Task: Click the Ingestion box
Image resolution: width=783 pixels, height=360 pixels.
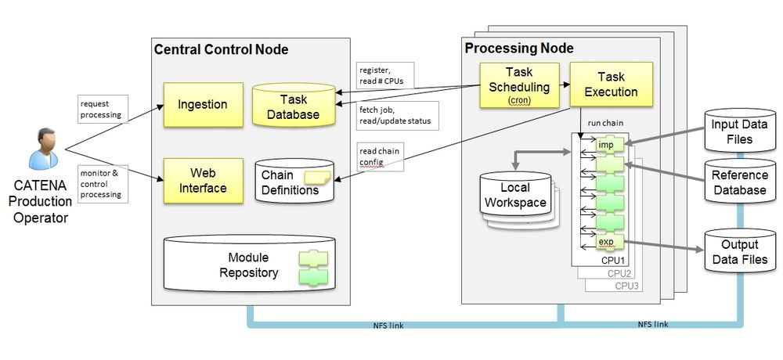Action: pyautogui.click(x=204, y=105)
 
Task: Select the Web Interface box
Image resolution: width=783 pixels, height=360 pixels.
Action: pyautogui.click(x=204, y=181)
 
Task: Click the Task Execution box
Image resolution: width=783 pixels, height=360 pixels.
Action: pyautogui.click(x=612, y=85)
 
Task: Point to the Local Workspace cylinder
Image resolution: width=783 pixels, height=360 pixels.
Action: pyautogui.click(x=515, y=195)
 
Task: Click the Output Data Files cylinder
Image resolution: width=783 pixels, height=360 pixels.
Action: pyautogui.click(x=740, y=250)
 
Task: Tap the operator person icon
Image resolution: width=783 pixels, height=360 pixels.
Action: pyautogui.click(x=43, y=149)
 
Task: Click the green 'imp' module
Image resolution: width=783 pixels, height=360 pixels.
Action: pyautogui.click(x=610, y=145)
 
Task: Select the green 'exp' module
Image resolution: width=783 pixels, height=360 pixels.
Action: pyautogui.click(x=610, y=242)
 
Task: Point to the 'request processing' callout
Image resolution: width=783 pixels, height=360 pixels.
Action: pyautogui.click(x=103, y=109)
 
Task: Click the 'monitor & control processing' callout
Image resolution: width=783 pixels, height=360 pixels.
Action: pyautogui.click(x=103, y=184)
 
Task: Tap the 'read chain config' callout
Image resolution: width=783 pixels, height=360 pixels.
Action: pyautogui.click(x=380, y=157)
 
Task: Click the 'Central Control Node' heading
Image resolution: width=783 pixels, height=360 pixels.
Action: pyautogui.click(x=221, y=50)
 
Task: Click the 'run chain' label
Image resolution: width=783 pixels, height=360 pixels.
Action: pyautogui.click(x=605, y=123)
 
